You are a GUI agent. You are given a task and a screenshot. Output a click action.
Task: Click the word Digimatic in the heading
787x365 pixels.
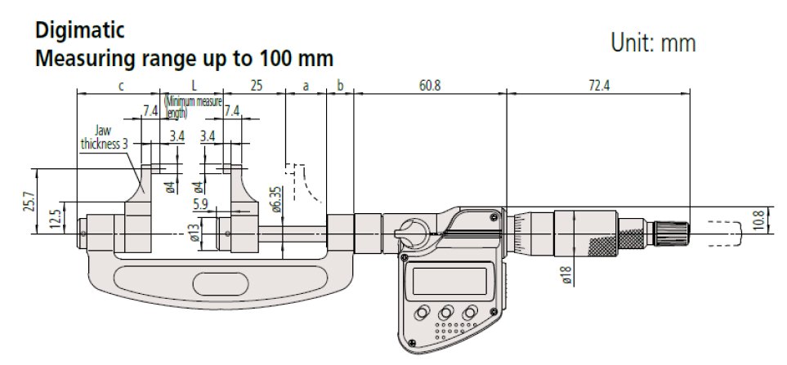tap(78, 32)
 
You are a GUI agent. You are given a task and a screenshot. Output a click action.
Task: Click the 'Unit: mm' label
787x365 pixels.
tap(653, 43)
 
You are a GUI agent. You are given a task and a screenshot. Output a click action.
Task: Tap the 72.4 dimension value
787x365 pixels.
tap(598, 86)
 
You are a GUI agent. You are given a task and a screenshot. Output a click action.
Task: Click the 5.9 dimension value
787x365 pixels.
tap(200, 203)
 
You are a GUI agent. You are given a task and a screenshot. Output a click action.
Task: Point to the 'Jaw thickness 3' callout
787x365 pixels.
tap(103, 136)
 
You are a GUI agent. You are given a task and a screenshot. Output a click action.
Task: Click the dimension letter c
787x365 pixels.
tap(120, 86)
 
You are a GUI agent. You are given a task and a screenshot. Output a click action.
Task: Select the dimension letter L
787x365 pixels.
tap(194, 86)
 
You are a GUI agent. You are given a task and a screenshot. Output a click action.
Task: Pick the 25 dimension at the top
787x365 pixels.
tap(255, 86)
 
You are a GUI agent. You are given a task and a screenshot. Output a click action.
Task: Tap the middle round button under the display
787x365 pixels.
tap(445, 313)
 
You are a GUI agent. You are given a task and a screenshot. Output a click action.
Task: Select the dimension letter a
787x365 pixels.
tap(306, 86)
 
